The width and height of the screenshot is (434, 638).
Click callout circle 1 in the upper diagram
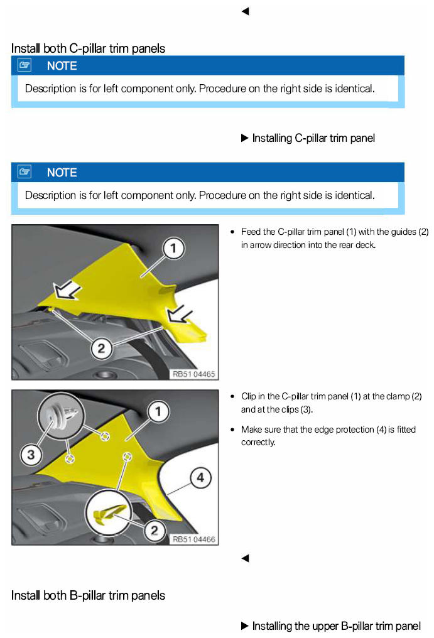point(174,249)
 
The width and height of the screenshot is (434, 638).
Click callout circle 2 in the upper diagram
point(102,347)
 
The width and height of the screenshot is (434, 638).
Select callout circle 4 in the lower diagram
point(199,478)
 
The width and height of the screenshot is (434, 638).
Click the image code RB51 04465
point(193,374)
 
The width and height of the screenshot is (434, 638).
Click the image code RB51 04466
point(193,539)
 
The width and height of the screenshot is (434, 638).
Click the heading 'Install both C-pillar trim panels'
point(88,48)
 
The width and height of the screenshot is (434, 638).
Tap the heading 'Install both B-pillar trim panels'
point(88,595)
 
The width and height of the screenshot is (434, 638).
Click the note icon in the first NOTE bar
point(24,65)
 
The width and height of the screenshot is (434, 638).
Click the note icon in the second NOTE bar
point(24,171)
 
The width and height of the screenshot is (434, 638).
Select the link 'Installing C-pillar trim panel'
point(313,138)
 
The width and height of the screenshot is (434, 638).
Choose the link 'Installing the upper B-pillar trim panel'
point(336,625)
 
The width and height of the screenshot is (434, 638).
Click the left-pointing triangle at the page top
point(245,11)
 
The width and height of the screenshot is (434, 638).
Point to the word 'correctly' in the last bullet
point(258,442)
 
